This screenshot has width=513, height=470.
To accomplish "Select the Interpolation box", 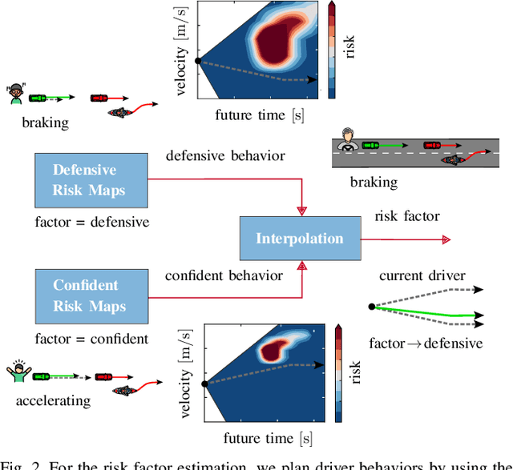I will pos(299,238).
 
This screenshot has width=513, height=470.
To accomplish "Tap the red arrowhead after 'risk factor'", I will pos(446,239).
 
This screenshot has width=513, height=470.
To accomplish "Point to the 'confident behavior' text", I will pos(224,275).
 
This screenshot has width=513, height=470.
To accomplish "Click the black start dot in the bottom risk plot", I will pos(204,384).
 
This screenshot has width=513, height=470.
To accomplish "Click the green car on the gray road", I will pos(370,146).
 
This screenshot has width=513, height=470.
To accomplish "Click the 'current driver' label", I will pos(422,276).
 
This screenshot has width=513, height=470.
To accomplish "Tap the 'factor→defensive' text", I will pos(426,343).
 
